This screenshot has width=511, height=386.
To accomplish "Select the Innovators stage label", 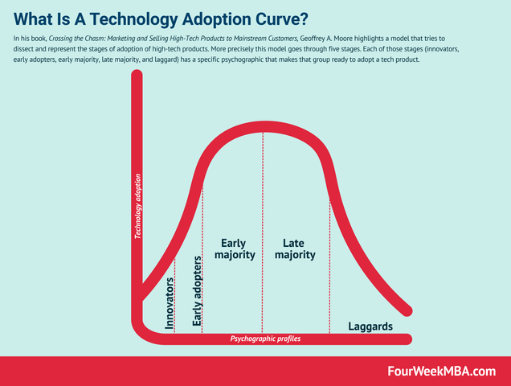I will click(x=170, y=305).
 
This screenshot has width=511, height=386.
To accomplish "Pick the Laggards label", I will click(x=370, y=326).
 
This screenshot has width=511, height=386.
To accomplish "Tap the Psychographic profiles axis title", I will click(x=266, y=339).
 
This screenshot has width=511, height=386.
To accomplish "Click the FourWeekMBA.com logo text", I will click(x=440, y=371).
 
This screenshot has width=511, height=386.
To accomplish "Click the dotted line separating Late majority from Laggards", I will click(x=329, y=265).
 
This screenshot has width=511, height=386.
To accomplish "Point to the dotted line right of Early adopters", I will click(x=202, y=257).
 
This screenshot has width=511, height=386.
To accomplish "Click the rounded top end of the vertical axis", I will click(x=137, y=78).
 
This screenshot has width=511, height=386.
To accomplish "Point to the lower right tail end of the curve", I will click(x=409, y=311).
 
